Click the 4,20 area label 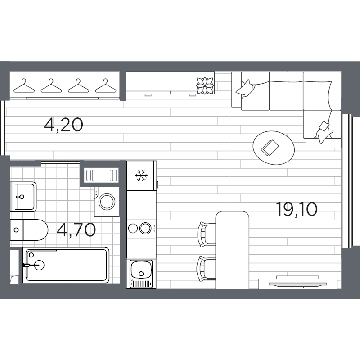pyautogui.click(x=63, y=124)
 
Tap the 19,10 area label pyautogui.click(x=297, y=209)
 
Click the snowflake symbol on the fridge pyautogui.click(x=142, y=175)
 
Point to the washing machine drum pyautogui.click(x=108, y=201)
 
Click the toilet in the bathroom pyautogui.click(x=29, y=230)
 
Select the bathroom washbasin pyautogui.click(x=22, y=196)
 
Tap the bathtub pyautogui.click(x=66, y=265)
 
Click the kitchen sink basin pyautogui.click(x=141, y=270)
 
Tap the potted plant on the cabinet pyautogui.click(x=204, y=85)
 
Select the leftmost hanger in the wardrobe pyautogui.click(x=24, y=85)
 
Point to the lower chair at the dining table pyautogui.click(x=207, y=268)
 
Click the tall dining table pyautogui.click(x=232, y=250)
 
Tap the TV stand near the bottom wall pyautogui.click(x=298, y=283)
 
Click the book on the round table pyautogui.click(x=271, y=147)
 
